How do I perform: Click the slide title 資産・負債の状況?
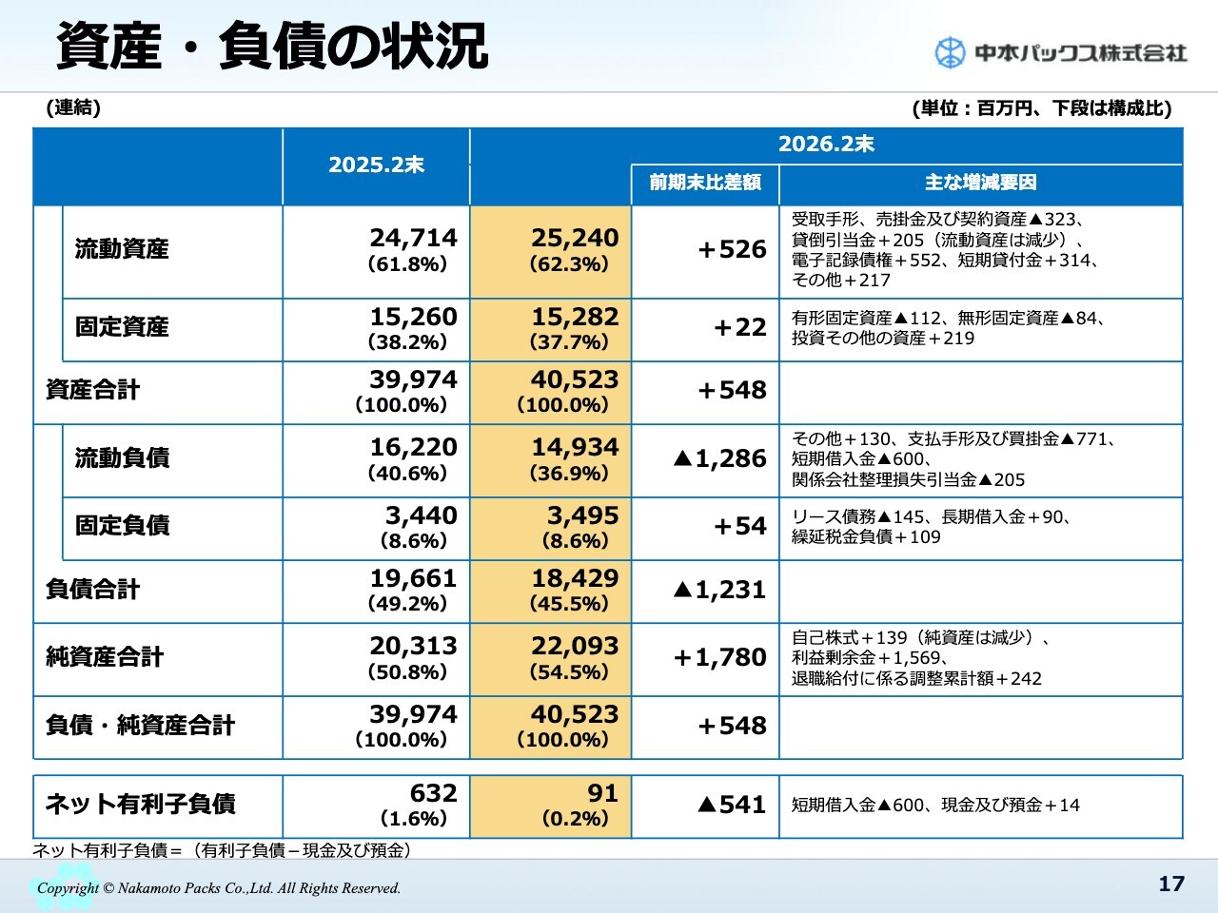[x=272, y=46]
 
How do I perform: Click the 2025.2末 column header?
[x=376, y=165]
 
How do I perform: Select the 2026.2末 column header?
[x=825, y=145]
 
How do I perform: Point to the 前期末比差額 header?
[x=705, y=183]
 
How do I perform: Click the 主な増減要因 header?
[x=980, y=183]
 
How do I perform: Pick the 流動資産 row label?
[x=122, y=249]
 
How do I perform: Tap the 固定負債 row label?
[x=122, y=525]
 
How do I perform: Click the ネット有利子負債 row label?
[x=140, y=805]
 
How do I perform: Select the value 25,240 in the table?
[x=575, y=238]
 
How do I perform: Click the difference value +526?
[x=731, y=249]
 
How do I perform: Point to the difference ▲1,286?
[x=718, y=458]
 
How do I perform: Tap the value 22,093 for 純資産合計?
[x=575, y=646]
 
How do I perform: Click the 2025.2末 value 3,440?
[x=421, y=515]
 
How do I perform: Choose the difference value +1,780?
[x=718, y=657]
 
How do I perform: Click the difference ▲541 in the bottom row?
[x=731, y=805]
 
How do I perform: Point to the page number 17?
[x=1171, y=884]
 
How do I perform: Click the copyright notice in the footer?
[x=219, y=888]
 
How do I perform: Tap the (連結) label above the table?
[x=73, y=108]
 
